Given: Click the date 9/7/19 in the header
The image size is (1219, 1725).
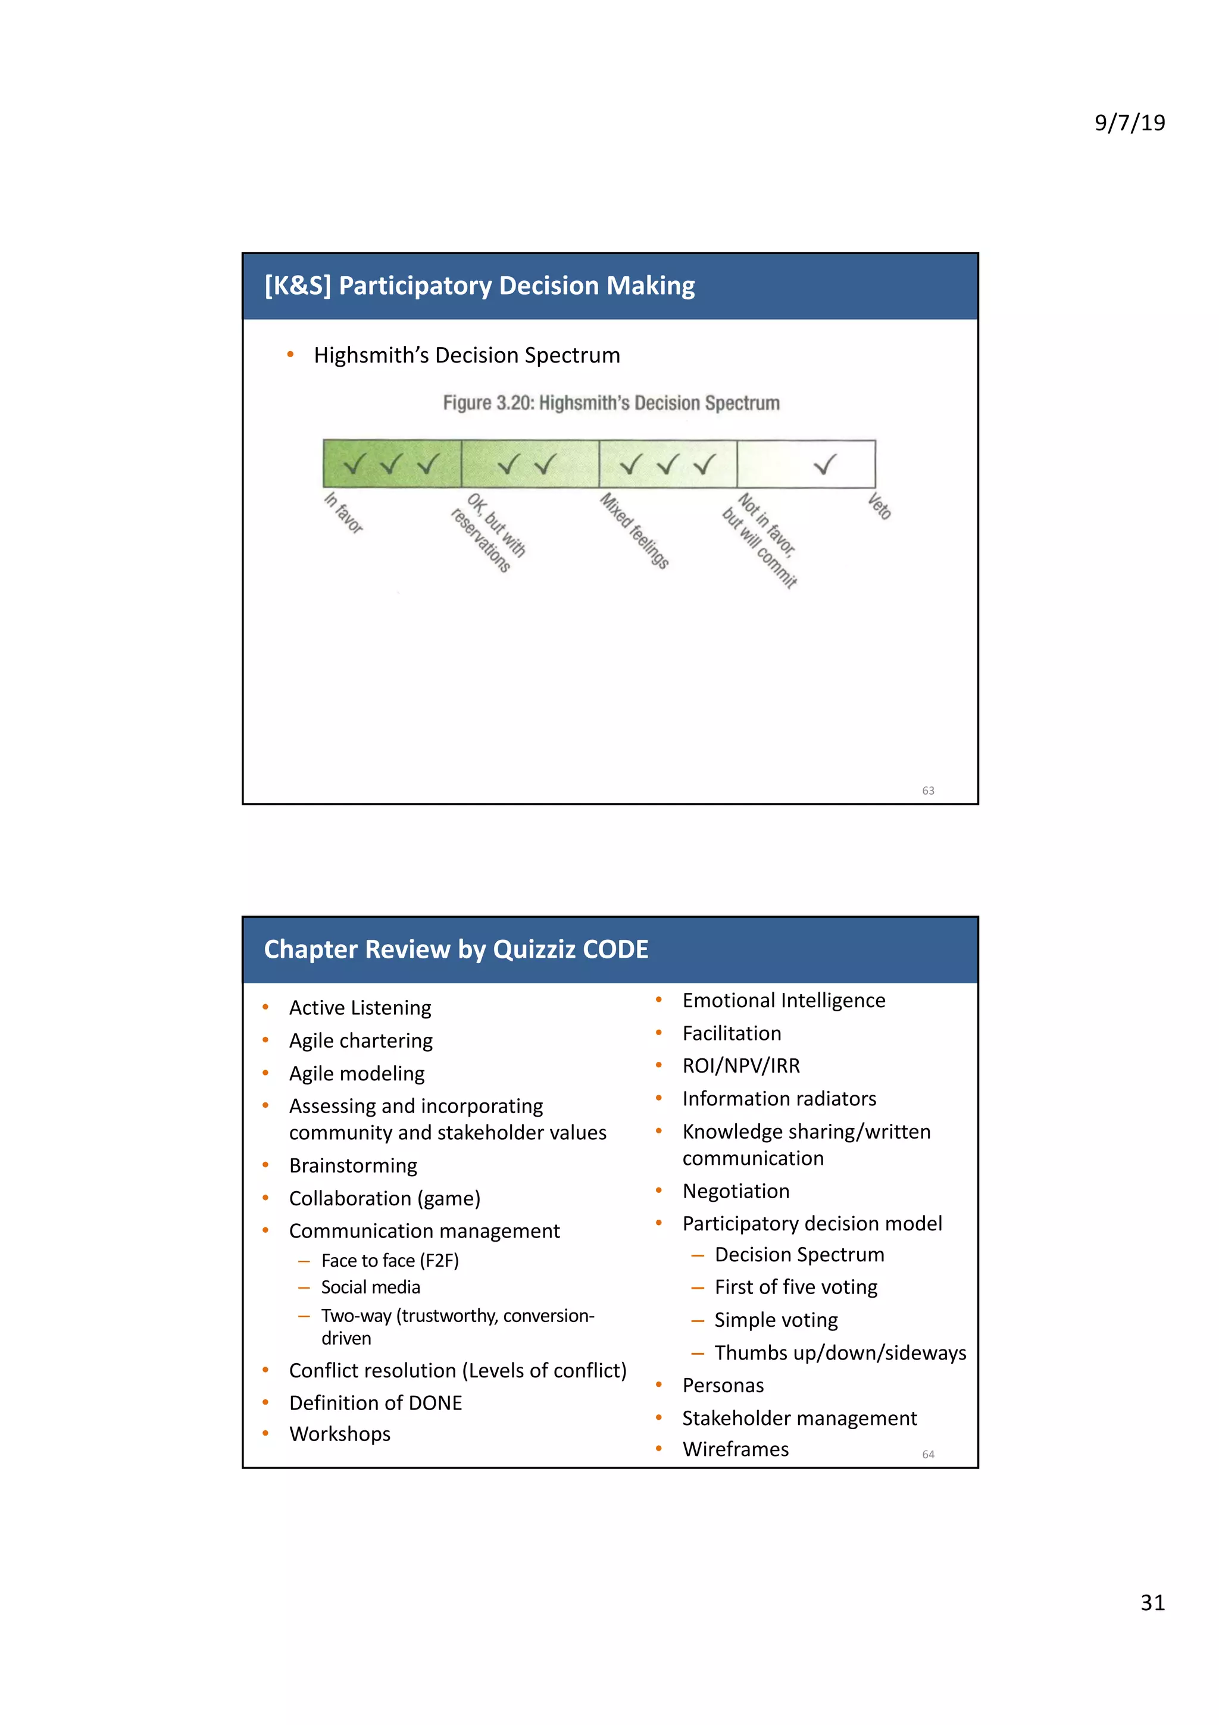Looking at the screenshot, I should coord(1129,123).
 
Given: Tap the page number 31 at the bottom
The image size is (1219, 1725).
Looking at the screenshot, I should coord(1152,1602).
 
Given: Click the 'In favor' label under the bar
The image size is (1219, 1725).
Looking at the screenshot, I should coord(344,512).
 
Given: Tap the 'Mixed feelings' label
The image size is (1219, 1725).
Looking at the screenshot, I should coord(634,530).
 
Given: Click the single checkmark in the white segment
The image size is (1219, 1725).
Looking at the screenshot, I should coord(825,464).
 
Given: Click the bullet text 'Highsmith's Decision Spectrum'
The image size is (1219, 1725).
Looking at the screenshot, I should coord(467,355).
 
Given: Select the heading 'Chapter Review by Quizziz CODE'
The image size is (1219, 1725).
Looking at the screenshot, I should coord(456,949).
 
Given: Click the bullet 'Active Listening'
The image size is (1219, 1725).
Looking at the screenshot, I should coord(360,1008).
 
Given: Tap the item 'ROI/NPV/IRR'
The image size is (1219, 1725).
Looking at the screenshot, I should coord(740,1066).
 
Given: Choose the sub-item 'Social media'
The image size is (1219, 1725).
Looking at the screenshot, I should coord(370,1287).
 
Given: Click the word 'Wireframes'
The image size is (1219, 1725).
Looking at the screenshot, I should coord(735,1449).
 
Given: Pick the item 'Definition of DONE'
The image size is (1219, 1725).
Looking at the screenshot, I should coord(376,1403).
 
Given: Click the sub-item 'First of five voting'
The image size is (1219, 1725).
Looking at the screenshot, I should coord(795,1287).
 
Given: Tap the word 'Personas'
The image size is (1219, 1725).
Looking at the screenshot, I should coord(723,1385).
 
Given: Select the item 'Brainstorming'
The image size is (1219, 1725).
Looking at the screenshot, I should coord(353,1165).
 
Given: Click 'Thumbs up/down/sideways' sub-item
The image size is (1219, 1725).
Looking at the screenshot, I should coord(840,1353).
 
